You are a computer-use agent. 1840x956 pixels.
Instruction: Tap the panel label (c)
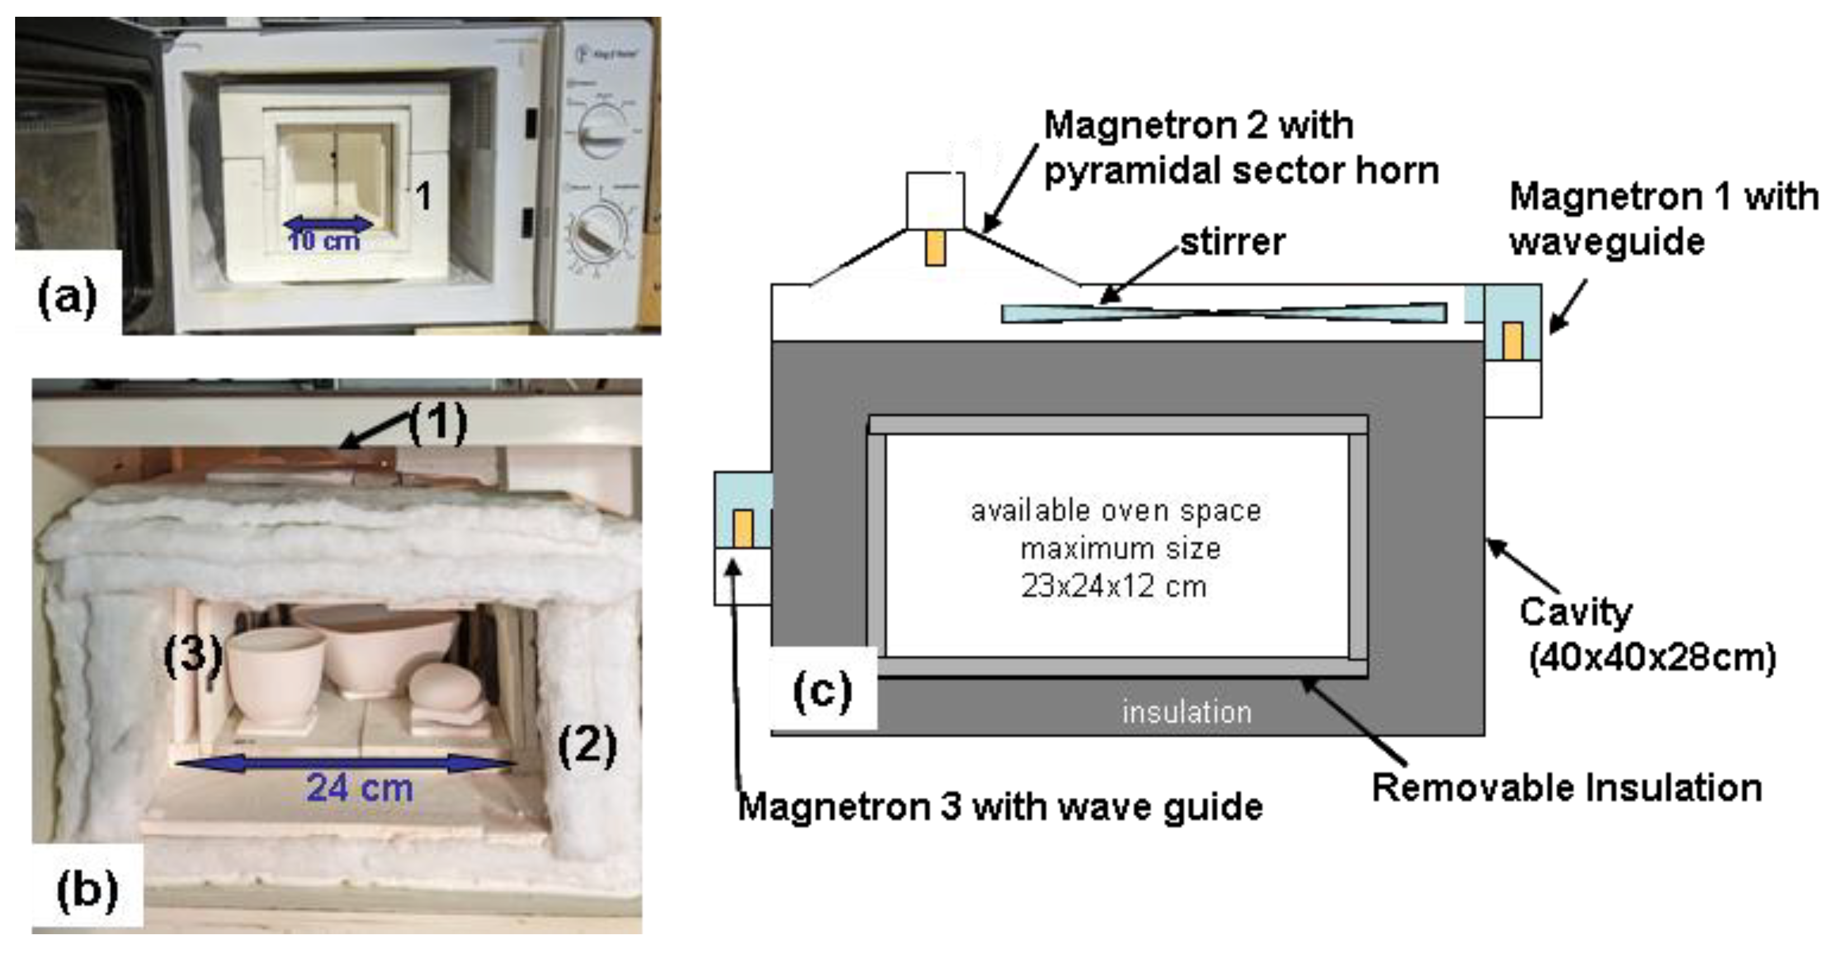point(822,690)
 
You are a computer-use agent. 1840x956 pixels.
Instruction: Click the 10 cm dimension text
point(324,240)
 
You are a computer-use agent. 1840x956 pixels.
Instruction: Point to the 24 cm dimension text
point(359,788)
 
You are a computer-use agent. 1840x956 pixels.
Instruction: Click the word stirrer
point(1232,242)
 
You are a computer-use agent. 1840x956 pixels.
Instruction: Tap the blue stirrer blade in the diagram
point(1223,313)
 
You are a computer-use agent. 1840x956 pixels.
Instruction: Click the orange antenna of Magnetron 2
point(935,248)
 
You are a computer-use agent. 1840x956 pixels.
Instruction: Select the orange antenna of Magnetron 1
point(1512,340)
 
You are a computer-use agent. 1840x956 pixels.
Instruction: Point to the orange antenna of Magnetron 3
point(743,528)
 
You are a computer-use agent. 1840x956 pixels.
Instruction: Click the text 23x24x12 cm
point(1114,586)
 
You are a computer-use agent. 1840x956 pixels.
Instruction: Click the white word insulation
point(1186,712)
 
